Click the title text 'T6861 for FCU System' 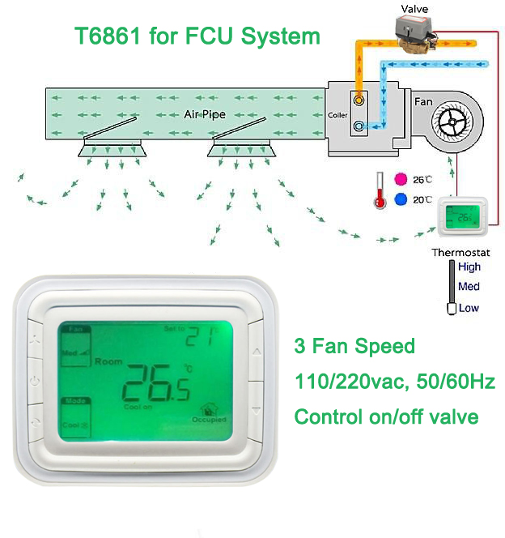(x=197, y=36)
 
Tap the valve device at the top (x=417, y=34)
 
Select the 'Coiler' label (x=338, y=116)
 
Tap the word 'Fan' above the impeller (x=423, y=102)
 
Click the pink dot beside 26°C (x=399, y=179)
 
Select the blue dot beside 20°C (x=399, y=199)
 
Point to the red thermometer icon (x=378, y=191)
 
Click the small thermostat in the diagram (x=464, y=217)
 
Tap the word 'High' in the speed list (x=469, y=267)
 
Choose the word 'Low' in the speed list (x=469, y=308)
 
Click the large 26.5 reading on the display (x=156, y=383)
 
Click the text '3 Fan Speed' (x=354, y=347)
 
